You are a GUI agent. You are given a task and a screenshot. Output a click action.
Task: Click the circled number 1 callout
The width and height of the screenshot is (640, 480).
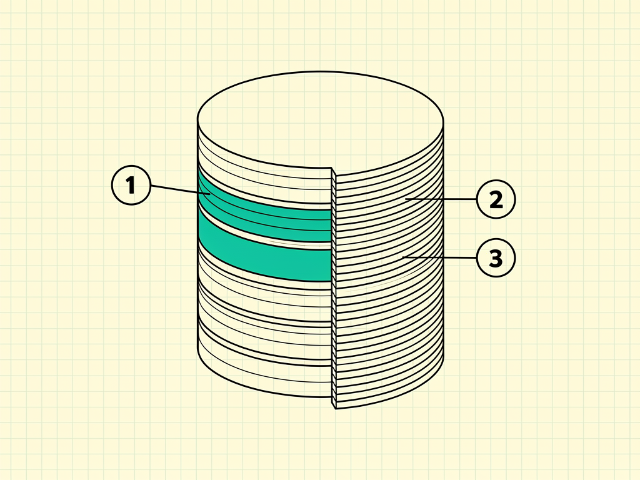131,185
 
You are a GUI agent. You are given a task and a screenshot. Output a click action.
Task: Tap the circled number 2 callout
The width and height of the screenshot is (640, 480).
496,199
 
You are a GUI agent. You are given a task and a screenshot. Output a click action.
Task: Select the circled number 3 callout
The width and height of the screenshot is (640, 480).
496,258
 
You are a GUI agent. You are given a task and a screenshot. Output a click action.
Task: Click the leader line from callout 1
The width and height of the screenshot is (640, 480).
181,190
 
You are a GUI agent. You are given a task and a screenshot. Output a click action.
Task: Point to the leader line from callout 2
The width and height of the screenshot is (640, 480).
441,199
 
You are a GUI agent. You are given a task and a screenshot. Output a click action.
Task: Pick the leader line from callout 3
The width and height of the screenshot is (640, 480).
439,257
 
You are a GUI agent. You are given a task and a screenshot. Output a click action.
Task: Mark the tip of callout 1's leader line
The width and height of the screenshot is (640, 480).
210,194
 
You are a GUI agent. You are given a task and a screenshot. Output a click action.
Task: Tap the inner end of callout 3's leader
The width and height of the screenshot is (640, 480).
403,257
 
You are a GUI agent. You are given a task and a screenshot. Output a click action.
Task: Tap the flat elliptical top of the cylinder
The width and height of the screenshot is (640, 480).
321,120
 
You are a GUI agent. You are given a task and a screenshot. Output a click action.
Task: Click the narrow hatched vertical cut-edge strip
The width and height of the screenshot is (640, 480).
334,288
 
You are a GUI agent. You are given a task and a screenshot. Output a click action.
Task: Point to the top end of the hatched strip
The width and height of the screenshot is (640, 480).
333,169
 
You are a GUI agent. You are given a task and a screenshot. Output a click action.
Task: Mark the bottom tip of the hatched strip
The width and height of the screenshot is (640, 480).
335,409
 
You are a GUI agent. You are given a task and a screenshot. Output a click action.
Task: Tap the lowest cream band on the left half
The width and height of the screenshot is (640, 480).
261,375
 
